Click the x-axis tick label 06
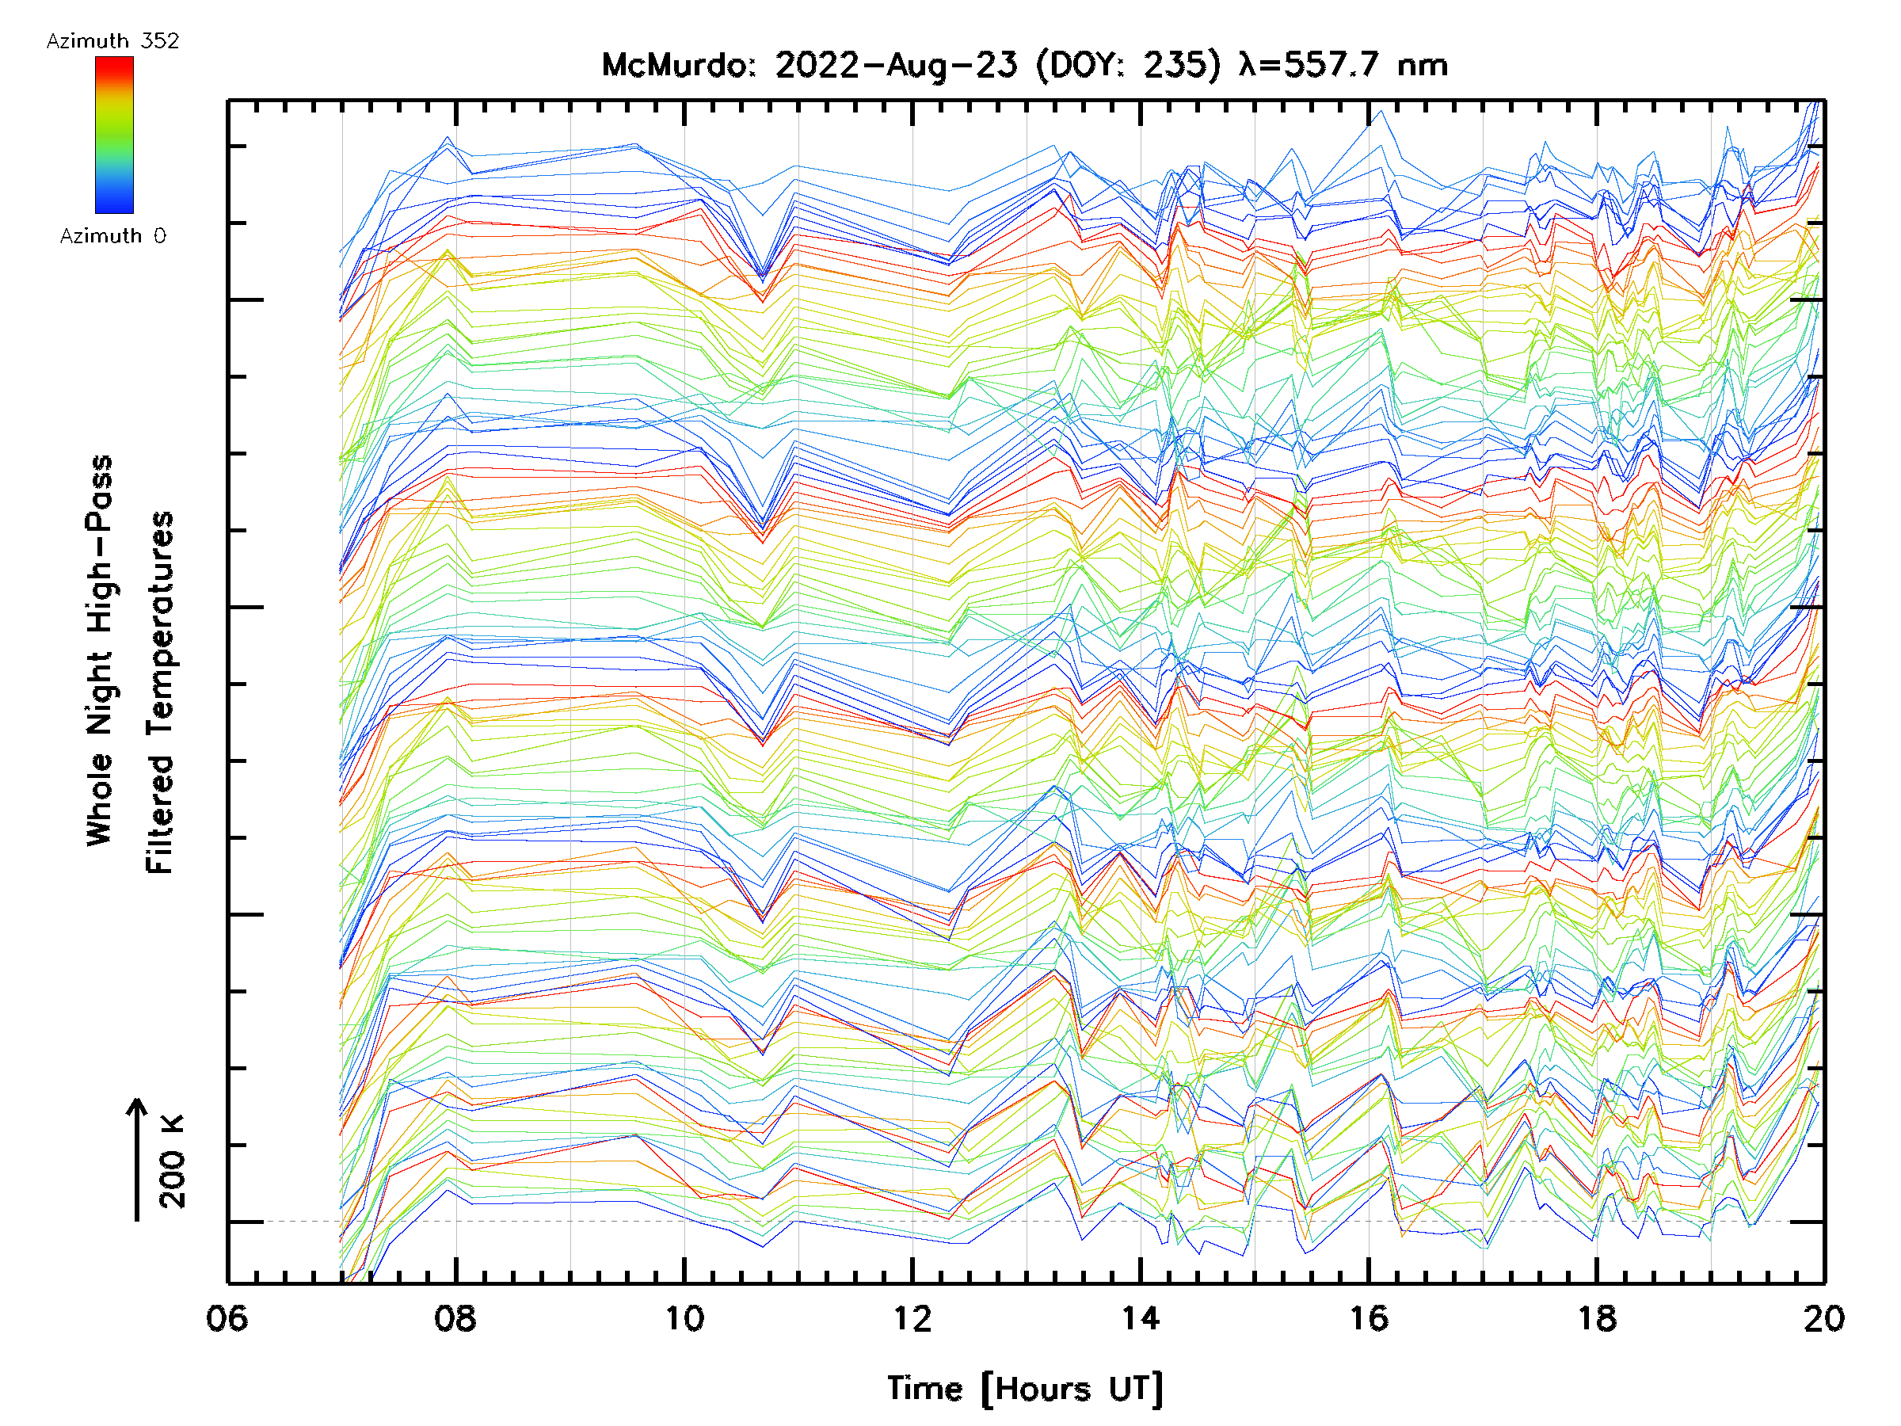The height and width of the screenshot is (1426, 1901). pyautogui.click(x=227, y=1317)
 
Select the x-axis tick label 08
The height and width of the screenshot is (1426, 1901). pyautogui.click(x=455, y=1317)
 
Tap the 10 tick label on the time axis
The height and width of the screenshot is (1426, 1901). pyautogui.click(x=684, y=1317)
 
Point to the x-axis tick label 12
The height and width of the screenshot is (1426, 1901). pyautogui.click(x=912, y=1317)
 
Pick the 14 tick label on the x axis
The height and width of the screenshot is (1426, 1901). pyautogui.click(x=1141, y=1317)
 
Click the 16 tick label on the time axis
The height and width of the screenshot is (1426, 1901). pyautogui.click(x=1369, y=1317)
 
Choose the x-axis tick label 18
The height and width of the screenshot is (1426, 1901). pyautogui.click(x=1597, y=1317)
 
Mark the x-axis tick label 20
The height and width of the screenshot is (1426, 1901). pyautogui.click(x=1823, y=1317)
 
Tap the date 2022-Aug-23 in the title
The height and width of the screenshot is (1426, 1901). pyautogui.click(x=896, y=65)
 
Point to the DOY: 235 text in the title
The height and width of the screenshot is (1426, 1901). pyautogui.click(x=1128, y=65)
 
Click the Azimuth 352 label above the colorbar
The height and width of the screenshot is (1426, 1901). pyautogui.click(x=112, y=41)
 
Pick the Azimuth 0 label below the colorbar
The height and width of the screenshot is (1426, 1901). pyautogui.click(x=112, y=235)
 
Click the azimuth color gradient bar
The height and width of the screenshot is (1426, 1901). pyautogui.click(x=114, y=135)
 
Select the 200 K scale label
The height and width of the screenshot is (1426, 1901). pyautogui.click(x=173, y=1161)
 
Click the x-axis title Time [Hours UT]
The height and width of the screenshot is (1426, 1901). pyautogui.click(x=1025, y=1388)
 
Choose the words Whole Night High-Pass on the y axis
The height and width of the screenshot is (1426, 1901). pyautogui.click(x=100, y=650)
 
